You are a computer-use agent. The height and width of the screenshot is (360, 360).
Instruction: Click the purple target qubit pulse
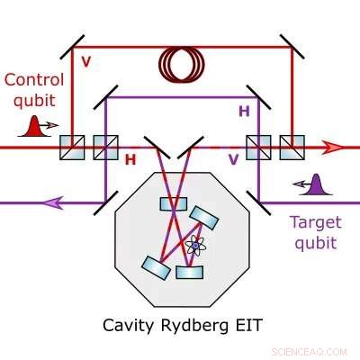pyautogui.click(x=314, y=186)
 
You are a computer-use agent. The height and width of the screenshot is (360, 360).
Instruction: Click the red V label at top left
pyautogui.click(x=86, y=62)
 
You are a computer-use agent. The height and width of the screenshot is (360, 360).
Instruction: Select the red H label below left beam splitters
pyautogui.click(x=130, y=159)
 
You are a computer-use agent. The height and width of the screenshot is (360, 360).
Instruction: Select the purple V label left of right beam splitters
pyautogui.click(x=232, y=159)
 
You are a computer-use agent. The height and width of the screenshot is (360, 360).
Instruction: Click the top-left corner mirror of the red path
pyautogui.click(x=71, y=42)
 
